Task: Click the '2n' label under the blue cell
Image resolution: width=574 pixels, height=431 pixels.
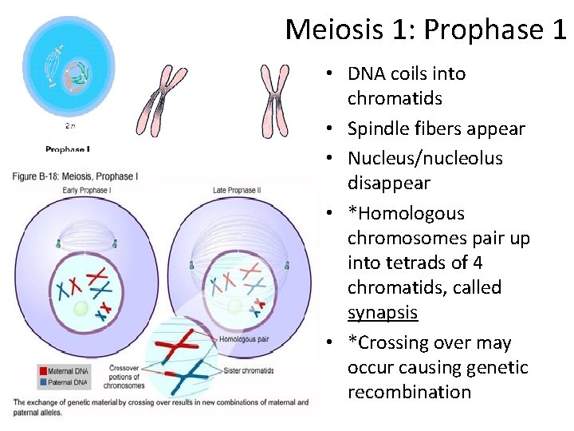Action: (70, 126)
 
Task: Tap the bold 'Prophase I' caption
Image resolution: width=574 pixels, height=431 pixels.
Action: (68, 148)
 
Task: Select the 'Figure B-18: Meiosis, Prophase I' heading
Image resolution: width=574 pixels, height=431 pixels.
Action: (76, 176)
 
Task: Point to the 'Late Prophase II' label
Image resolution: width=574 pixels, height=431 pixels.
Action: (236, 190)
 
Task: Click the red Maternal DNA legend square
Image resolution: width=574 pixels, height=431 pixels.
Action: (18, 369)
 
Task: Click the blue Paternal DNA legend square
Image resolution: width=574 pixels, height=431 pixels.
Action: (18, 380)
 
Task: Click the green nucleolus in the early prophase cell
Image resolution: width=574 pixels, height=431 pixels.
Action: (80, 307)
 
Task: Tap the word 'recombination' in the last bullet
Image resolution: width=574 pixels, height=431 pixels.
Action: (409, 392)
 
